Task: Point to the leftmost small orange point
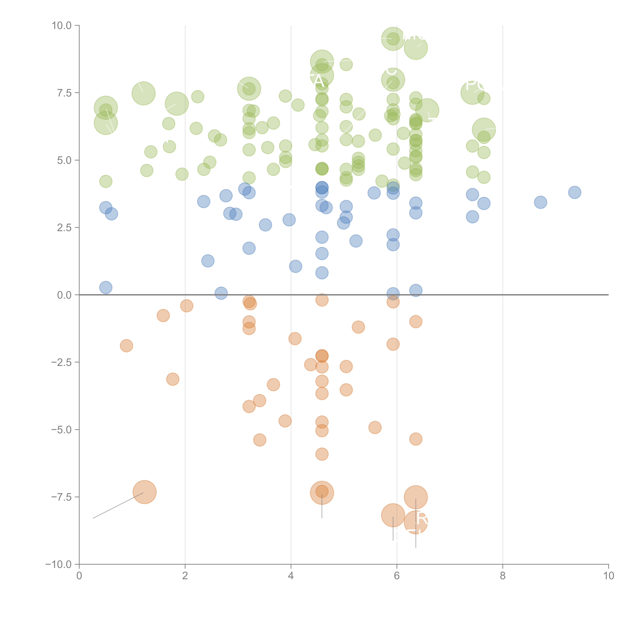tap(126, 346)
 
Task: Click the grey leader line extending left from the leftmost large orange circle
tap(118, 505)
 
